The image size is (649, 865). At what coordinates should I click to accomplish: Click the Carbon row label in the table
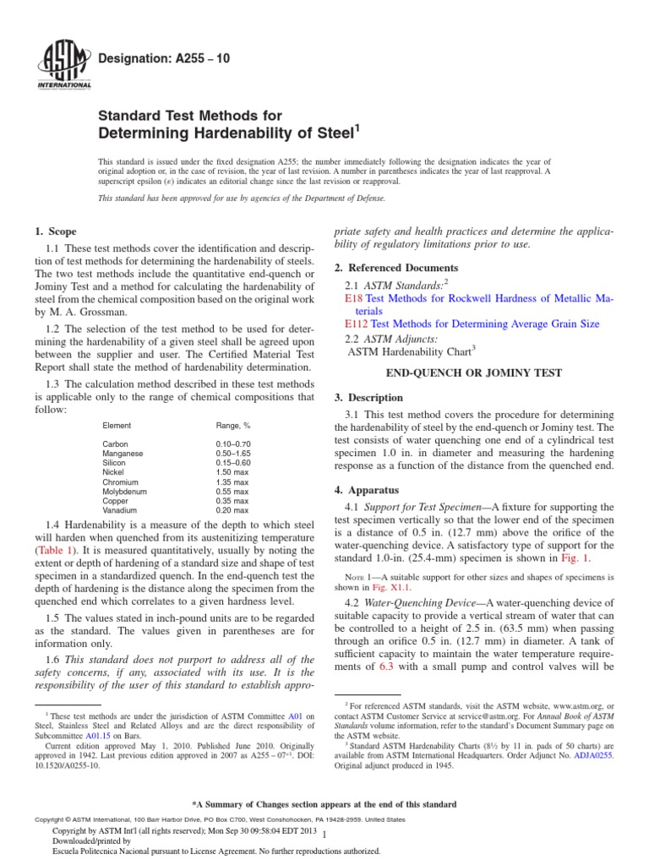[x=116, y=443]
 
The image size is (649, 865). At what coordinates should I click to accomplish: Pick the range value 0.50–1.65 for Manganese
[x=232, y=453]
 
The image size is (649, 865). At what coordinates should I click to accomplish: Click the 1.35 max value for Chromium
[x=232, y=481]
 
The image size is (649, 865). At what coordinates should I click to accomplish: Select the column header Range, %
[x=235, y=425]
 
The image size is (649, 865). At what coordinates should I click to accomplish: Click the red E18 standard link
[x=354, y=299]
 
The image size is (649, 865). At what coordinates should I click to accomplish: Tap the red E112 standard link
[x=357, y=324]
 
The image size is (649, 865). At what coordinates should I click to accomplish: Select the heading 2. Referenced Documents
[x=390, y=268]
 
